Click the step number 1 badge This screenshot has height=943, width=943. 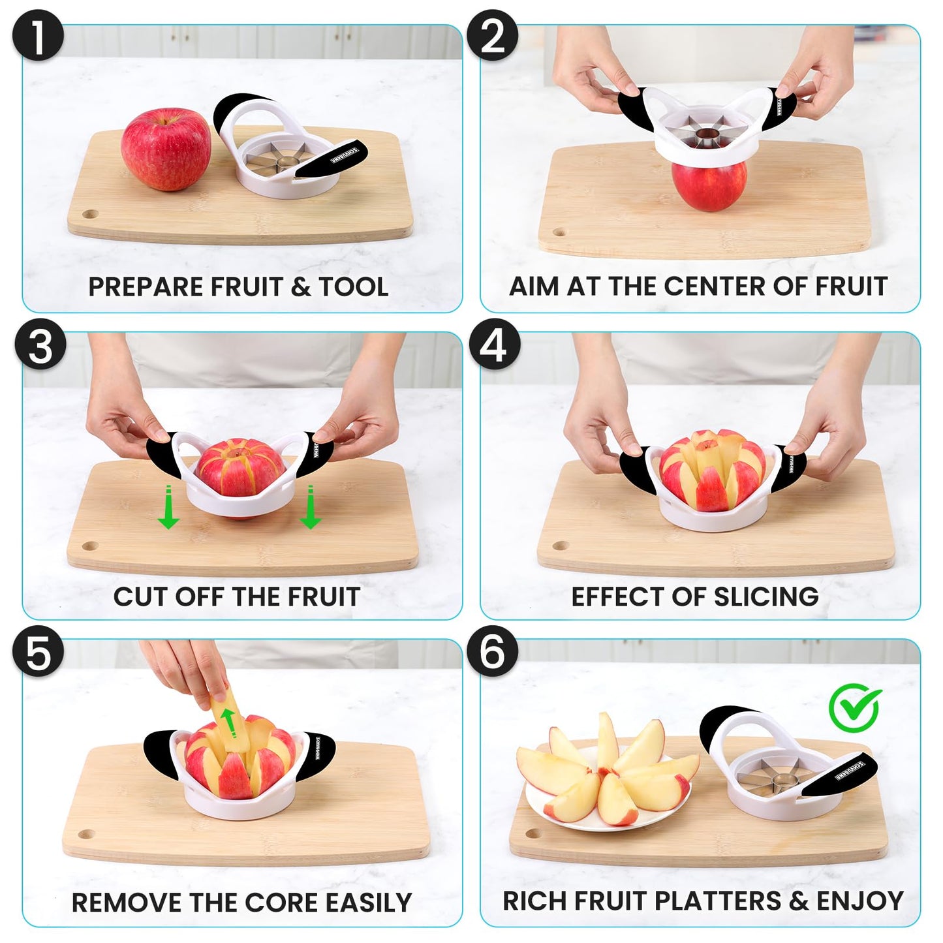coord(38,37)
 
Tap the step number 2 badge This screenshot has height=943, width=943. coord(493,37)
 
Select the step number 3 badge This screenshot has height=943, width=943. coord(40,345)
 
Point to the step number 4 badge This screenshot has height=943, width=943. coord(494,345)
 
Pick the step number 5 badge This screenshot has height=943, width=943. coord(39,653)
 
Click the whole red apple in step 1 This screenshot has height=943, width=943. coord(166,149)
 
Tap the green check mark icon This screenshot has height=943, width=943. coord(855,707)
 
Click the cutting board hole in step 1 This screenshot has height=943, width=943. coord(90,214)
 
